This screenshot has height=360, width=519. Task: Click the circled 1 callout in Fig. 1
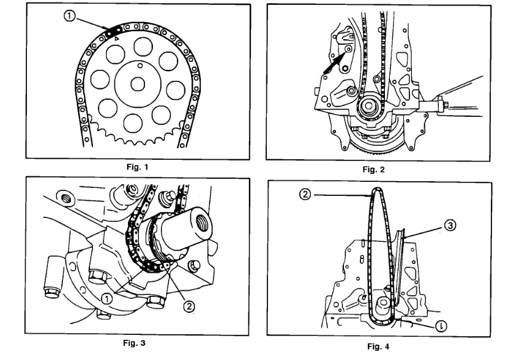coord(71,18)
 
